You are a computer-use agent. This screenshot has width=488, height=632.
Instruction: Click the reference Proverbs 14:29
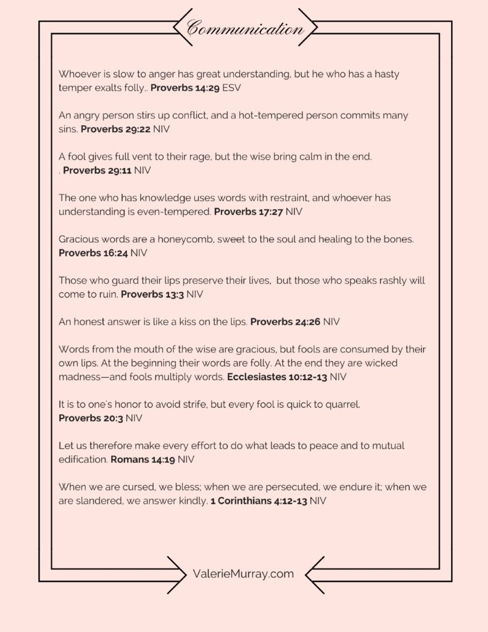[184, 88]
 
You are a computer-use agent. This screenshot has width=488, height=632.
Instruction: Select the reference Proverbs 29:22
[115, 129]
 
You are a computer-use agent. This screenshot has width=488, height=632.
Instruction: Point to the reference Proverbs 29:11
[97, 170]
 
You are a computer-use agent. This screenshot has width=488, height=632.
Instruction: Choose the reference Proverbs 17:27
[249, 212]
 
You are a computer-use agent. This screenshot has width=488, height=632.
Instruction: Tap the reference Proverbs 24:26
[285, 322]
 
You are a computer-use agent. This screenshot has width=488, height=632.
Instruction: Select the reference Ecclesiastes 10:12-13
[278, 376]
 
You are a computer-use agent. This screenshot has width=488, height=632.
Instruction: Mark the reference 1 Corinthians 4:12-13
[258, 501]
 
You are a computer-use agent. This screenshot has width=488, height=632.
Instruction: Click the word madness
[80, 376]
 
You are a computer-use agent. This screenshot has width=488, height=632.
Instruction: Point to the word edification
[83, 459]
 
